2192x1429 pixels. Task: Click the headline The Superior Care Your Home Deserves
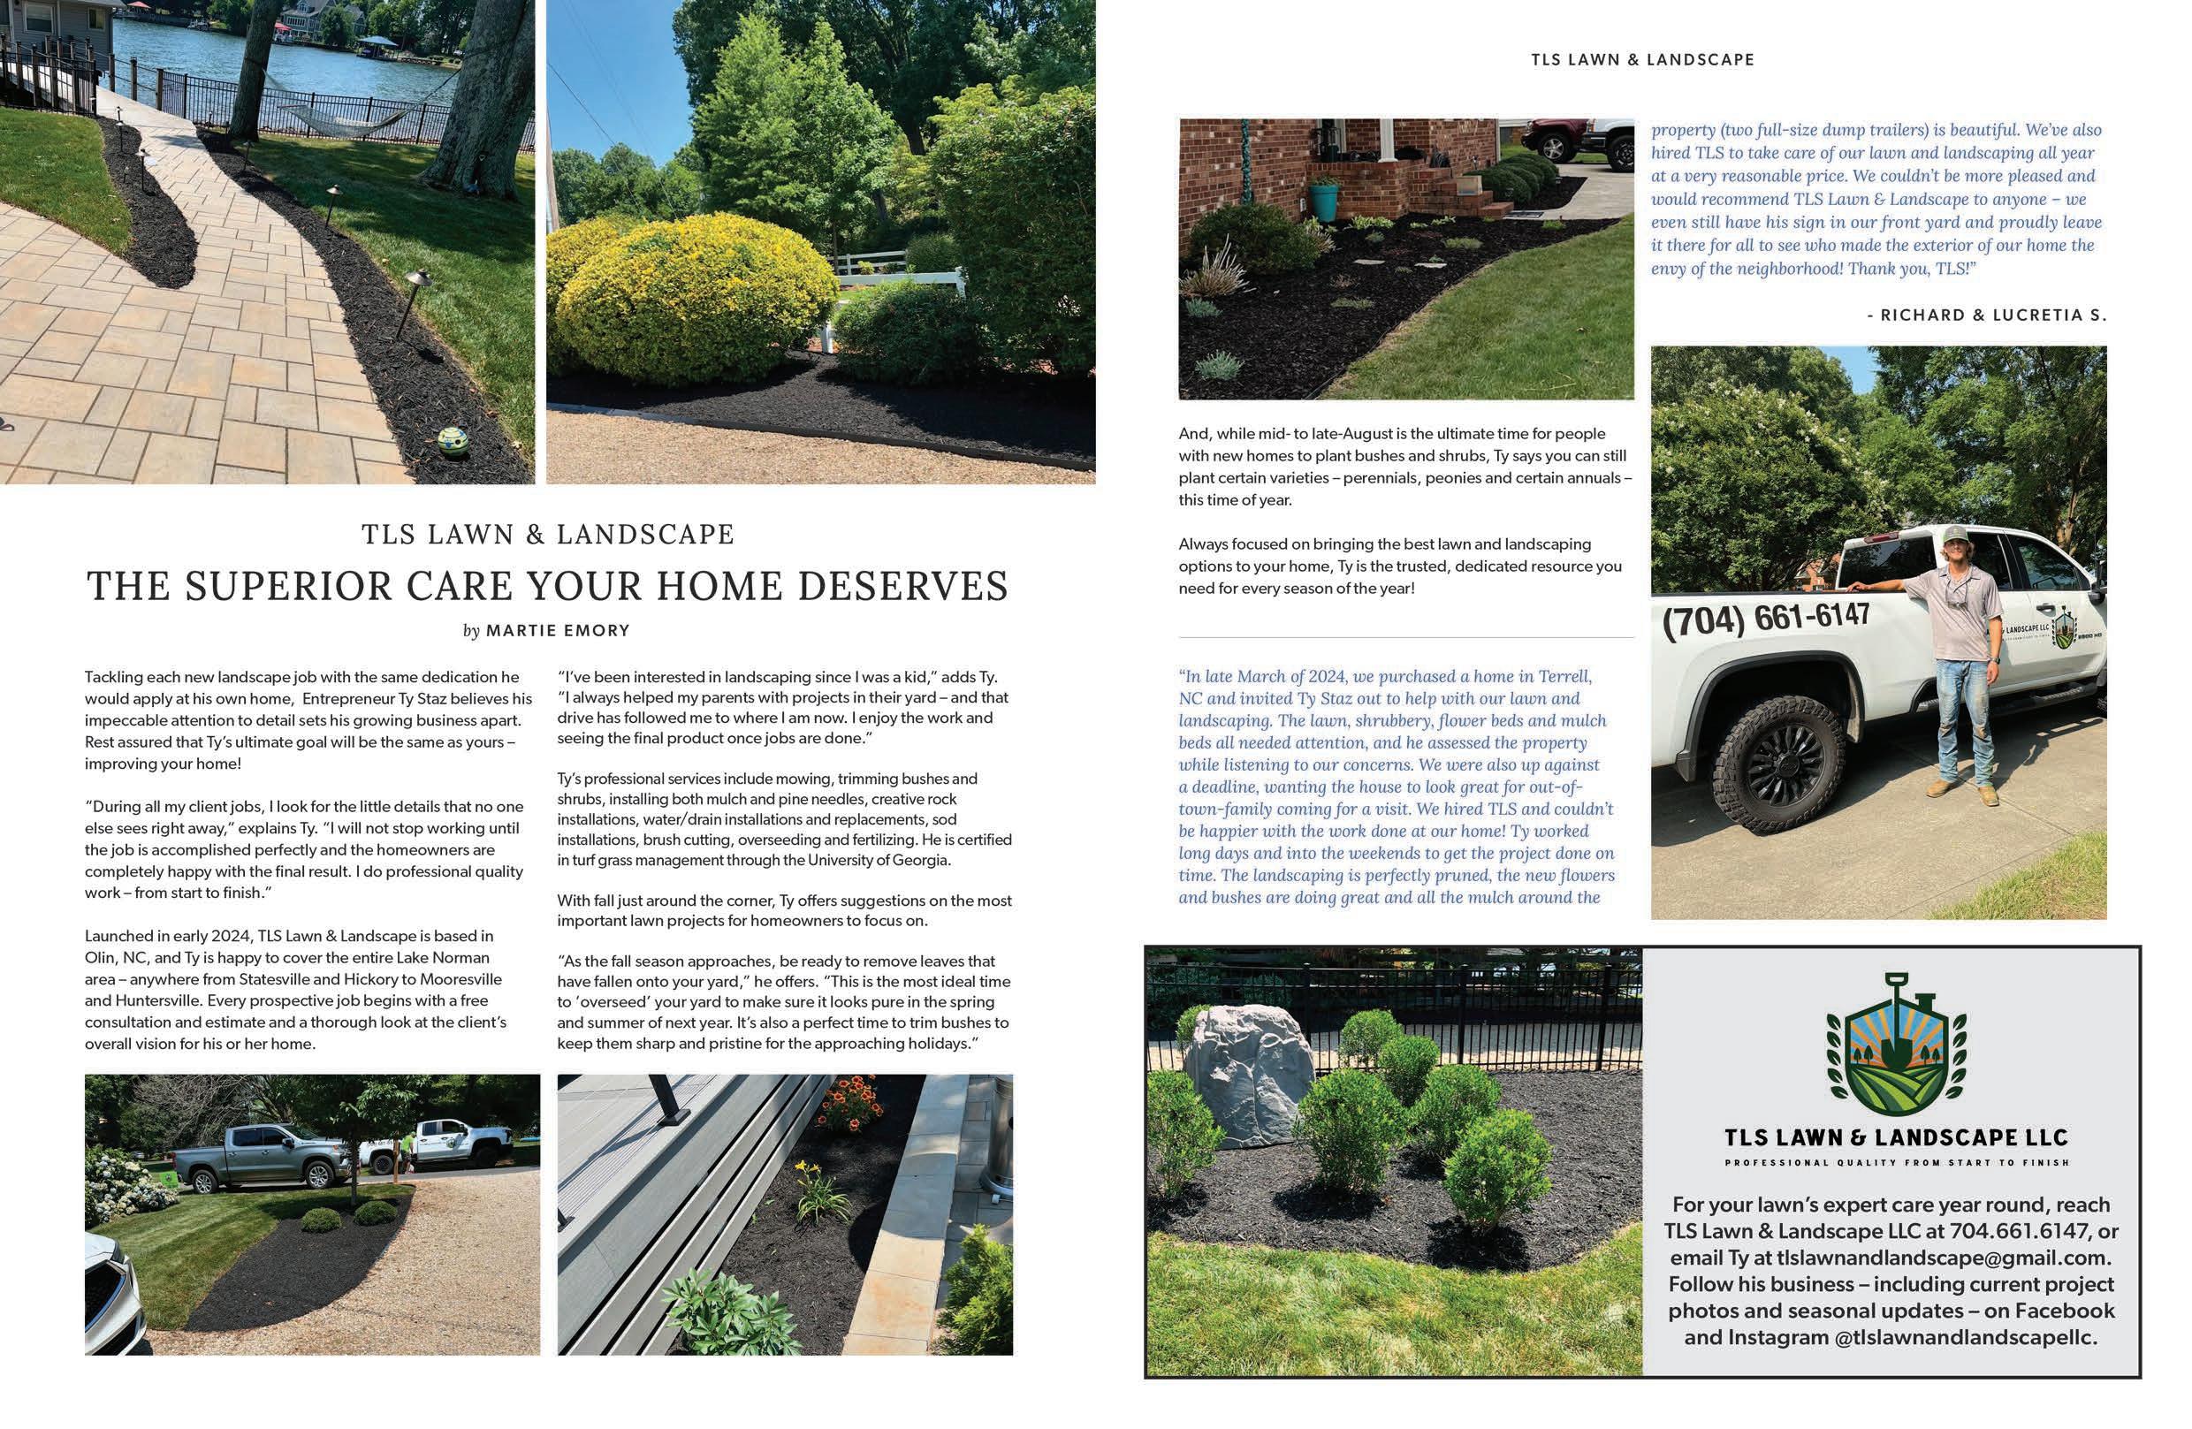547,587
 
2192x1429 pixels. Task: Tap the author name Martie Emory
557,631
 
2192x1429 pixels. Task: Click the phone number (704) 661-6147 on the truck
1766,619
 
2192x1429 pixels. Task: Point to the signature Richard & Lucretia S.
1987,315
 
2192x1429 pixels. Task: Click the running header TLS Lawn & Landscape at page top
1642,60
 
